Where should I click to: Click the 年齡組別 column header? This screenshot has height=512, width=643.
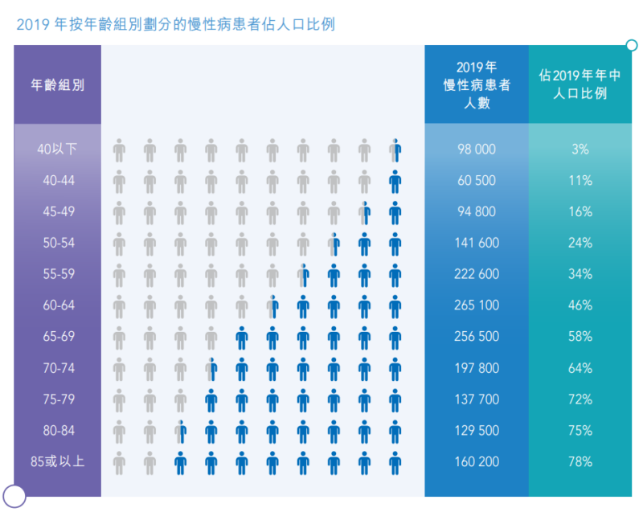click(x=58, y=84)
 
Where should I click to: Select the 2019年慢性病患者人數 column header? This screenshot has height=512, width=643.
click(x=477, y=84)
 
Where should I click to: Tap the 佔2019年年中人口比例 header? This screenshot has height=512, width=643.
click(x=580, y=84)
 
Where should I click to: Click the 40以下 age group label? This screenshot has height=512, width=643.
click(x=57, y=150)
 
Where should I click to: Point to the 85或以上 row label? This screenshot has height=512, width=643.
click(x=57, y=462)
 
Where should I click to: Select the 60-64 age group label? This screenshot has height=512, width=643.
click(x=59, y=305)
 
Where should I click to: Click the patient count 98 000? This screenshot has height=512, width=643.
click(x=477, y=150)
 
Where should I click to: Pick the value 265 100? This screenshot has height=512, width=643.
click(x=477, y=305)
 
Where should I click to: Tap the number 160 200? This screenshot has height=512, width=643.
click(x=477, y=462)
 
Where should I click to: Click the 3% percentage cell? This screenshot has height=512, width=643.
click(x=580, y=150)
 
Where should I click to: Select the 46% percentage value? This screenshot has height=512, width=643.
click(x=580, y=305)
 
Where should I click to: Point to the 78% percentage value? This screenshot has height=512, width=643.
click(x=580, y=462)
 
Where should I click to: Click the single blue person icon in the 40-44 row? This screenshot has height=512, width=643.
click(x=395, y=181)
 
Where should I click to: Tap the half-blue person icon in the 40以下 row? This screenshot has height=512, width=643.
click(x=395, y=150)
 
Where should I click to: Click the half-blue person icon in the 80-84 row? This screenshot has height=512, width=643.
click(x=180, y=431)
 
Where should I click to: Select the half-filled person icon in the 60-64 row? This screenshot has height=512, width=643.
click(x=272, y=305)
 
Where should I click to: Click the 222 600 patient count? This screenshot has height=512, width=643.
click(x=477, y=274)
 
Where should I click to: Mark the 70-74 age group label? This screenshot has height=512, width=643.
click(x=59, y=368)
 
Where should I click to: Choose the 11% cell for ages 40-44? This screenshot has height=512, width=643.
click(x=580, y=181)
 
